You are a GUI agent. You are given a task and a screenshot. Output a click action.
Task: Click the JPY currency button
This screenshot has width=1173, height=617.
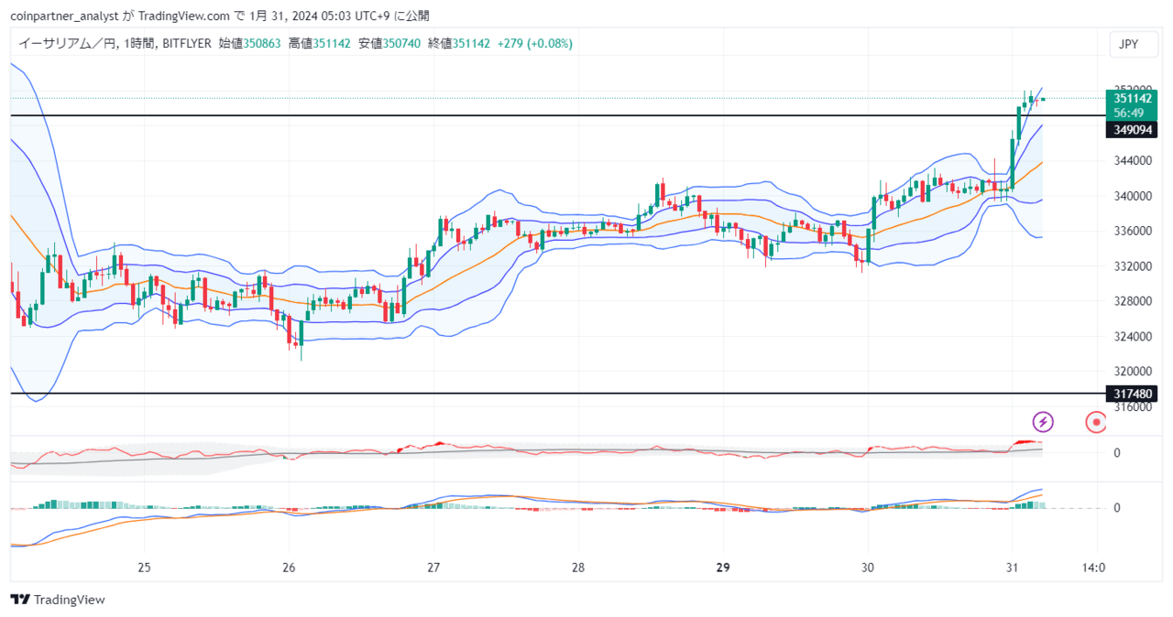1133,44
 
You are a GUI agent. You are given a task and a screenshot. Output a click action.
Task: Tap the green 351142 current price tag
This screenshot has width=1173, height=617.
1132,105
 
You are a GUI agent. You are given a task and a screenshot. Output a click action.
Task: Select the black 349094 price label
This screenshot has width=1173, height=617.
1132,130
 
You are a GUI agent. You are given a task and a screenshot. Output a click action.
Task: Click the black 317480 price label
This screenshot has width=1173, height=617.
1132,394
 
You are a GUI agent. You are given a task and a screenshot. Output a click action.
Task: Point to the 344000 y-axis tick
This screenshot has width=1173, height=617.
1133,160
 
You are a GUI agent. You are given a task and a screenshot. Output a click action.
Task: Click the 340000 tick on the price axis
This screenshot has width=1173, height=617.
1133,196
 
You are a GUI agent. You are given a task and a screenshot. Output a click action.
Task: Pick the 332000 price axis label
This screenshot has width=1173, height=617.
1133,266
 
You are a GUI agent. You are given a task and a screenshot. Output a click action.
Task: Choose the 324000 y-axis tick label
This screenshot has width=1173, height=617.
1133,336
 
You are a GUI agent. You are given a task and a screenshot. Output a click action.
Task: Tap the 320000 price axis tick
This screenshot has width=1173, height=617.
1133,372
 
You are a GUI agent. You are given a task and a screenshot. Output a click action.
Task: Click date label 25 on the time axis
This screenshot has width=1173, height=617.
144,568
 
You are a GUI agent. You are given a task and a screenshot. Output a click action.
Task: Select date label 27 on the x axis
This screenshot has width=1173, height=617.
433,568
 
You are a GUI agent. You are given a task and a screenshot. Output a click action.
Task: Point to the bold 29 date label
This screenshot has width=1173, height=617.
723,568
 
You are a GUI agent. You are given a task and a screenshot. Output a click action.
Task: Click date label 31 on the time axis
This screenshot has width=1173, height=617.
1013,568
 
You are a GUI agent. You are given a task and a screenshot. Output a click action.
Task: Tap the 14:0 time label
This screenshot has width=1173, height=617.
1093,568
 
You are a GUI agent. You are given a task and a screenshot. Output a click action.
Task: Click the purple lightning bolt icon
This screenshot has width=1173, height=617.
1043,422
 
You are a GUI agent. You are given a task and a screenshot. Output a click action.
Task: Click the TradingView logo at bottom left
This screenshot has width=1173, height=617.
58,600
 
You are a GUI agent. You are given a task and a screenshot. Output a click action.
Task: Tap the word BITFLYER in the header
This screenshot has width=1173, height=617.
187,43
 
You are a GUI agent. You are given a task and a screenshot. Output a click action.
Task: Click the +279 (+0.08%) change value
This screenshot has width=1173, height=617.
534,43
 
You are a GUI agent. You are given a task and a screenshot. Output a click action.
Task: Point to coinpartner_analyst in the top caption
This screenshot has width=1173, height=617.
64,16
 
